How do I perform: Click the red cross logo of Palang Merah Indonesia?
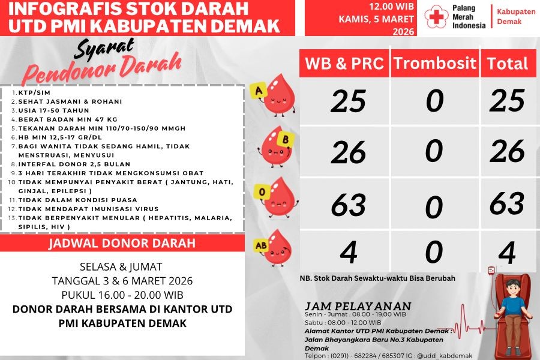(435, 19)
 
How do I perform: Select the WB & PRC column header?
(344, 64)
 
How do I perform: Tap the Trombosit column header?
(435, 64)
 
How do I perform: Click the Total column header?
(507, 64)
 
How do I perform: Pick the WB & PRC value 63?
(348, 205)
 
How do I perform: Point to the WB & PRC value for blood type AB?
(348, 252)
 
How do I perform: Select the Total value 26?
(507, 152)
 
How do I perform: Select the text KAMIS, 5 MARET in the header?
(376, 19)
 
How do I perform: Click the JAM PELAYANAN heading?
(358, 306)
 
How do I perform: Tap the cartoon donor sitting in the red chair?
(512, 312)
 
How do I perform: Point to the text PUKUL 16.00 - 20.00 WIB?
(122, 295)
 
